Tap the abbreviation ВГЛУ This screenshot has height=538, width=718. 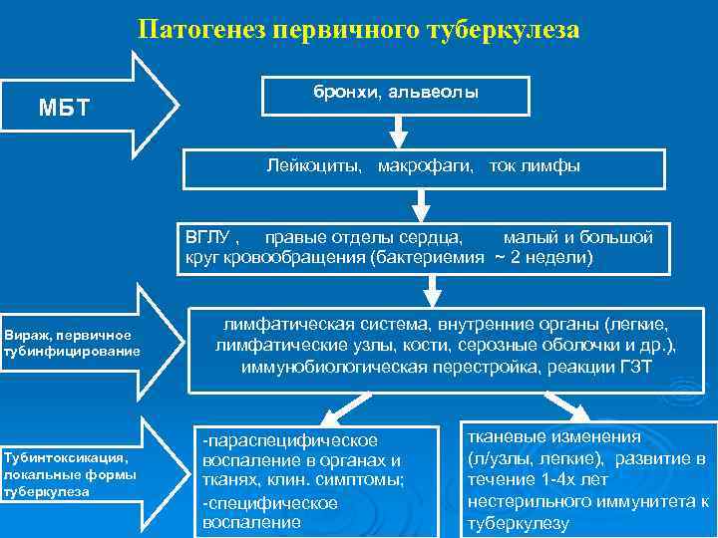pos(206,238)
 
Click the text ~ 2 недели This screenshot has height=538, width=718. pos(543,258)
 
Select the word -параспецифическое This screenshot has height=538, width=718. pos(289,439)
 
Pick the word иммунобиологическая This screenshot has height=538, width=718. pos(334,367)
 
